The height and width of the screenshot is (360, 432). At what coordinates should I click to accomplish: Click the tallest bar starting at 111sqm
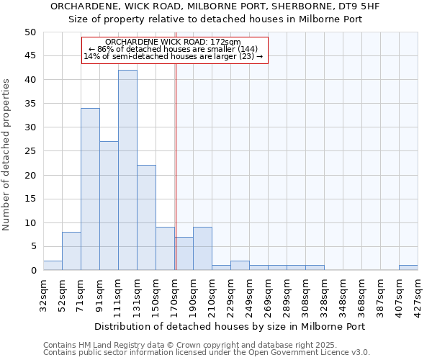pyautogui.click(x=127, y=170)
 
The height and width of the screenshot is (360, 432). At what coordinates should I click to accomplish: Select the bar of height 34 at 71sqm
pyautogui.click(x=90, y=189)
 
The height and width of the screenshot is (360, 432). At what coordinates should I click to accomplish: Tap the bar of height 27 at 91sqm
pyautogui.click(x=109, y=206)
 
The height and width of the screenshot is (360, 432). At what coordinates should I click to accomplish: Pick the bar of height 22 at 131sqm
pyautogui.click(x=146, y=217)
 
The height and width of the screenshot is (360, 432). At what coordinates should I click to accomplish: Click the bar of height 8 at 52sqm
pyautogui.click(x=71, y=251)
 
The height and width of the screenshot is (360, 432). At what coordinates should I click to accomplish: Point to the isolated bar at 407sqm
pyautogui.click(x=408, y=268)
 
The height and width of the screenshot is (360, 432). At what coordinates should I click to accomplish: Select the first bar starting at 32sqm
pyautogui.click(x=53, y=266)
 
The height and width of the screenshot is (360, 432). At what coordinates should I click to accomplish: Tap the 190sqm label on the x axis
pyautogui.click(x=194, y=294)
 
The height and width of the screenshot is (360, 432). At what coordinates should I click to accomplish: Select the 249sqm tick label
pyautogui.click(x=250, y=294)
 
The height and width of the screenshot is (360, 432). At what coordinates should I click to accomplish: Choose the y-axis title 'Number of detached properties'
pyautogui.click(x=7, y=155)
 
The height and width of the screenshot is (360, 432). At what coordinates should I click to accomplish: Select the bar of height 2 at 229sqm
pyautogui.click(x=240, y=266)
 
